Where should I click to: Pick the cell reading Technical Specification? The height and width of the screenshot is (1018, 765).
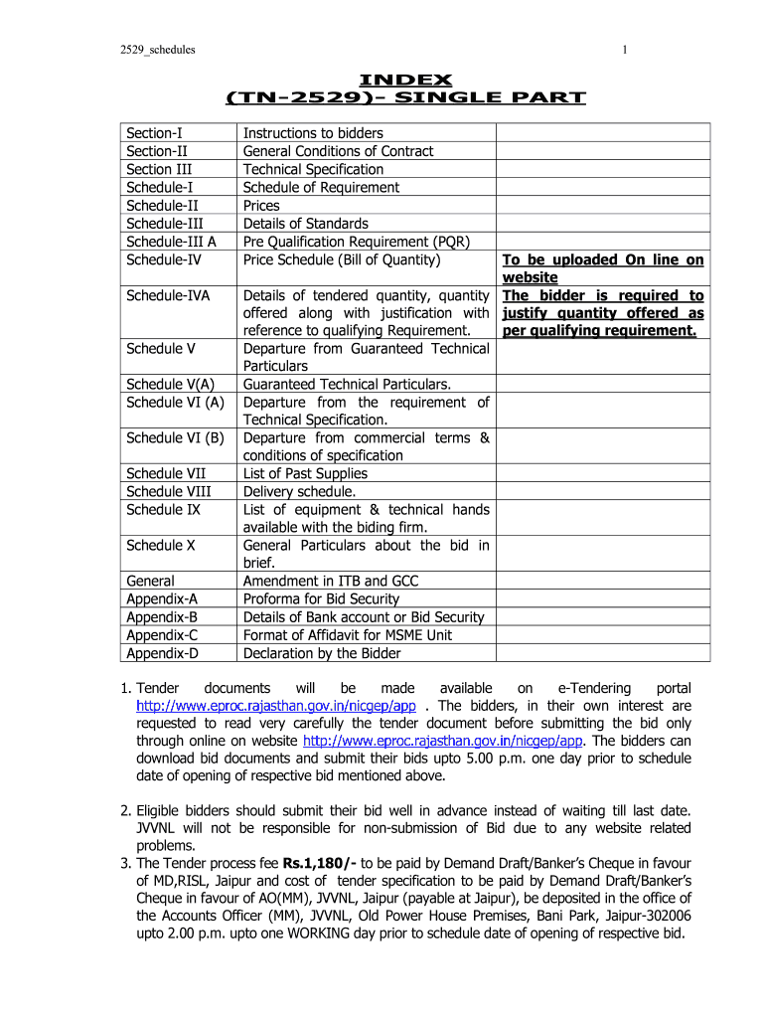(x=313, y=169)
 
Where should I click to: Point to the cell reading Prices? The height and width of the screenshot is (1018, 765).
(x=261, y=206)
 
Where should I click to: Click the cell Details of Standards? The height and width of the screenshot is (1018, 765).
(x=305, y=224)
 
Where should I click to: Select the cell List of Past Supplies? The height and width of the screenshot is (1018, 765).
(x=305, y=474)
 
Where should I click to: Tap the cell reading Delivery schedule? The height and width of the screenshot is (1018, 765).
(x=299, y=492)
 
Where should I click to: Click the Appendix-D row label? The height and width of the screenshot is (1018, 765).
(x=162, y=653)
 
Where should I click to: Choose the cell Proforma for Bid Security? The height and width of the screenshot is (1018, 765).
(x=321, y=598)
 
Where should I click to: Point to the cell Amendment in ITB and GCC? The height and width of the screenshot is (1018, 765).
(x=331, y=581)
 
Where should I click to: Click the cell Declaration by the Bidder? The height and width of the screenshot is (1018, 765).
(x=322, y=653)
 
